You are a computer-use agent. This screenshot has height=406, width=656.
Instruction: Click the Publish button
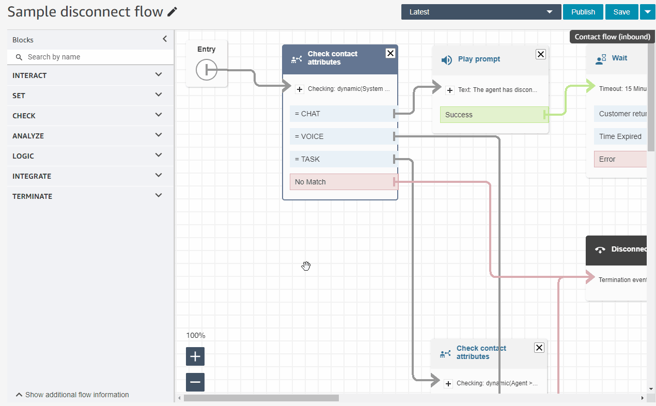pyautogui.click(x=583, y=12)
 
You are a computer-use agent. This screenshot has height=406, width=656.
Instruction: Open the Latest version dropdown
pyautogui.click(x=481, y=12)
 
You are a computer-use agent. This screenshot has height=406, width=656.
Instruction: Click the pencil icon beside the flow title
pyautogui.click(x=173, y=12)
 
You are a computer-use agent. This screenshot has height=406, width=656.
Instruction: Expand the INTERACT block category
pyautogui.click(x=87, y=75)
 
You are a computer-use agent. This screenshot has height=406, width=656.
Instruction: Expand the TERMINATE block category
pyautogui.click(x=87, y=196)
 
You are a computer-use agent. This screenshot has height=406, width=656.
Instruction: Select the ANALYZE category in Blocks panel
pyautogui.click(x=87, y=136)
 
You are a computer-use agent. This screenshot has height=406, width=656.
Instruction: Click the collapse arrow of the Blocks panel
pyautogui.click(x=165, y=39)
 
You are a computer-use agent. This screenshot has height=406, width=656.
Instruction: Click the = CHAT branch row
pyautogui.click(x=341, y=114)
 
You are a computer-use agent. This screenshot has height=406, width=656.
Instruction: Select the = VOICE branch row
pyautogui.click(x=341, y=136)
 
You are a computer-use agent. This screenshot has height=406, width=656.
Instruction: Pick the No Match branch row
pyautogui.click(x=341, y=182)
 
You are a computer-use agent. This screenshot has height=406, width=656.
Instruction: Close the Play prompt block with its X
pyautogui.click(x=540, y=54)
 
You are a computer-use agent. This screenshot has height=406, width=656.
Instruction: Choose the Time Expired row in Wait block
pyautogui.click(x=620, y=136)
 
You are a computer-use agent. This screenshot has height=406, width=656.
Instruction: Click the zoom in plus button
pyautogui.click(x=195, y=356)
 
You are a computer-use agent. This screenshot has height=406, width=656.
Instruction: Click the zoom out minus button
pyautogui.click(x=195, y=382)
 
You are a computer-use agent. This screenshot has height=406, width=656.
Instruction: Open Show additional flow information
pyautogui.click(x=72, y=395)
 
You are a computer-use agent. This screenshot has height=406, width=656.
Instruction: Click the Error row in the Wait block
pyautogui.click(x=620, y=159)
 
